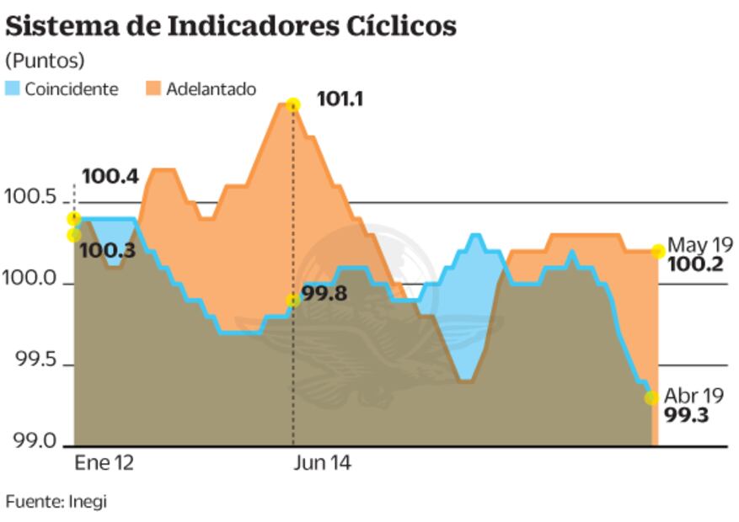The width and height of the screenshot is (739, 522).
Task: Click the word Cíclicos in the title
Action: coord(401,26)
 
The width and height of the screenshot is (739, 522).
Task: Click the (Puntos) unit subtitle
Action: coord(46,61)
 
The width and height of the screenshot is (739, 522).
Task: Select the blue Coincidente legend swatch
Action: coord(13,88)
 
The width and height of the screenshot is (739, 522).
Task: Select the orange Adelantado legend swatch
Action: coord(153,88)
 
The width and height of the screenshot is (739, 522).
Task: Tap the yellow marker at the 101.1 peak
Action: coord(292,104)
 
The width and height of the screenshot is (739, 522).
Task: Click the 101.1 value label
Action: coord(340,99)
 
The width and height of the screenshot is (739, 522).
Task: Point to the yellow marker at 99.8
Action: coord(292,301)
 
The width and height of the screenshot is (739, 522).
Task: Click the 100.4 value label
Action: coord(110,177)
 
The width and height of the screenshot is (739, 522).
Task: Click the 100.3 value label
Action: coord(107,251)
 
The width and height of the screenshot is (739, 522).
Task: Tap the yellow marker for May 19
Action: coord(657,251)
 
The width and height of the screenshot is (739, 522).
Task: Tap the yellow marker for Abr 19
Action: coord(651,397)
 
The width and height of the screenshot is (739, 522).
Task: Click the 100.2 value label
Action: coord(695,265)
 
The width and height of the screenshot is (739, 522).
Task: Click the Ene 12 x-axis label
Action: coord(104,464)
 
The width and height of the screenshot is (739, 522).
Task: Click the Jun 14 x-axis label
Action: coord(321,464)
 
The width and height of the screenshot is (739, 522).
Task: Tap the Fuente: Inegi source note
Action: coord(56,502)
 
